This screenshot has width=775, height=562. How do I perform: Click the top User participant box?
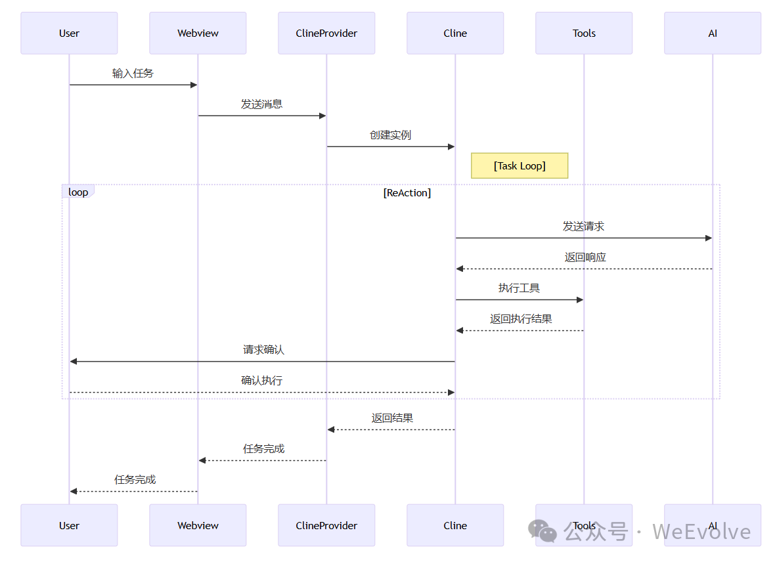[69, 33]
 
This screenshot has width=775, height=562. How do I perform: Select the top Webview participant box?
[198, 33]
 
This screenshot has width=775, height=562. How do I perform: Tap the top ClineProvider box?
[326, 33]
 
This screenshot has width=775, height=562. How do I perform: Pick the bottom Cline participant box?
[455, 525]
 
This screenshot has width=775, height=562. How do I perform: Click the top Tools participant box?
[584, 33]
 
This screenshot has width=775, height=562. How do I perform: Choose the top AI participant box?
[713, 33]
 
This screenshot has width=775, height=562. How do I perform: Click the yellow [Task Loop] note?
[520, 166]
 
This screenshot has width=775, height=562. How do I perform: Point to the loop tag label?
[78, 192]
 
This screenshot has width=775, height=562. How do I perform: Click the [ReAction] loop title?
[407, 193]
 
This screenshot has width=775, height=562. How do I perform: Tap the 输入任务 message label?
[133, 74]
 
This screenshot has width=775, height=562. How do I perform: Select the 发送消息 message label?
[262, 104]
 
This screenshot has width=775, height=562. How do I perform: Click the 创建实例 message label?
[391, 135]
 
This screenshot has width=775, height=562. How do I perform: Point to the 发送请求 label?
[584, 227]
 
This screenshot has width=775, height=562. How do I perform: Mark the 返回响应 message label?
[585, 257]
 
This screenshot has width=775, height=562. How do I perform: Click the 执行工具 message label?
[520, 288]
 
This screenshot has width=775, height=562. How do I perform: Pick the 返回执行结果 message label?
[521, 319]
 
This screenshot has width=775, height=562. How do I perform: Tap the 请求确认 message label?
[263, 350]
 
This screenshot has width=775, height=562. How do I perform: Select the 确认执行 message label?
[262, 381]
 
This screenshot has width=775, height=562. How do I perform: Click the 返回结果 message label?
[392, 418]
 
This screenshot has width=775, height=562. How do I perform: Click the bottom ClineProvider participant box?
[326, 525]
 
